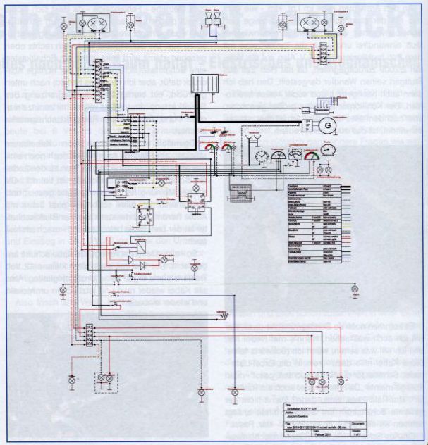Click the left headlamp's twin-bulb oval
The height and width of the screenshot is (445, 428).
point(95,23)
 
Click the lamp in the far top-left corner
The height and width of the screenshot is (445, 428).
point(66,25)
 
